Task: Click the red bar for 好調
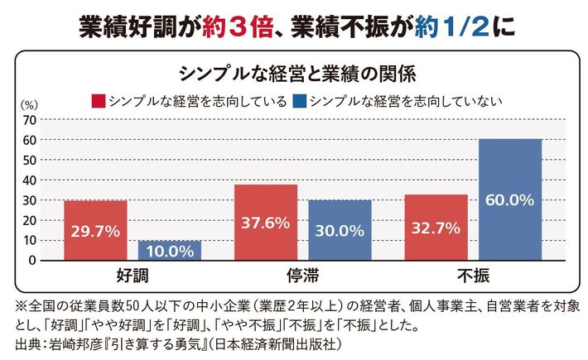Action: click(95, 230)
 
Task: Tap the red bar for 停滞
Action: click(267, 222)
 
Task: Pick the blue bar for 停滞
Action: click(340, 230)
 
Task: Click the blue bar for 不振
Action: click(510, 199)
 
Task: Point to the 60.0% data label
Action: click(510, 199)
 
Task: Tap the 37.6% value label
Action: click(267, 222)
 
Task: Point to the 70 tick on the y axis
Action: click(29, 119)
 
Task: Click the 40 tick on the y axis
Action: click(29, 180)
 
